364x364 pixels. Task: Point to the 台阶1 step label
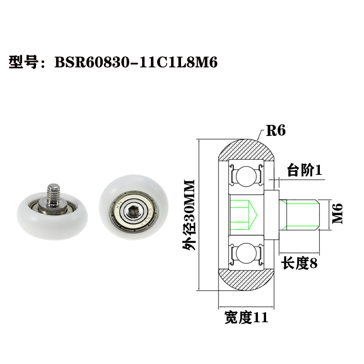click(303, 170)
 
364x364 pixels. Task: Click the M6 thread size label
click(339, 213)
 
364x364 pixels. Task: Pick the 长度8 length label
click(299, 263)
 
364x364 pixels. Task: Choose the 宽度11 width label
click(246, 317)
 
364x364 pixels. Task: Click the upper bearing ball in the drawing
click(246, 175)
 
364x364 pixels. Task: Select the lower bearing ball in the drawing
click(246, 252)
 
